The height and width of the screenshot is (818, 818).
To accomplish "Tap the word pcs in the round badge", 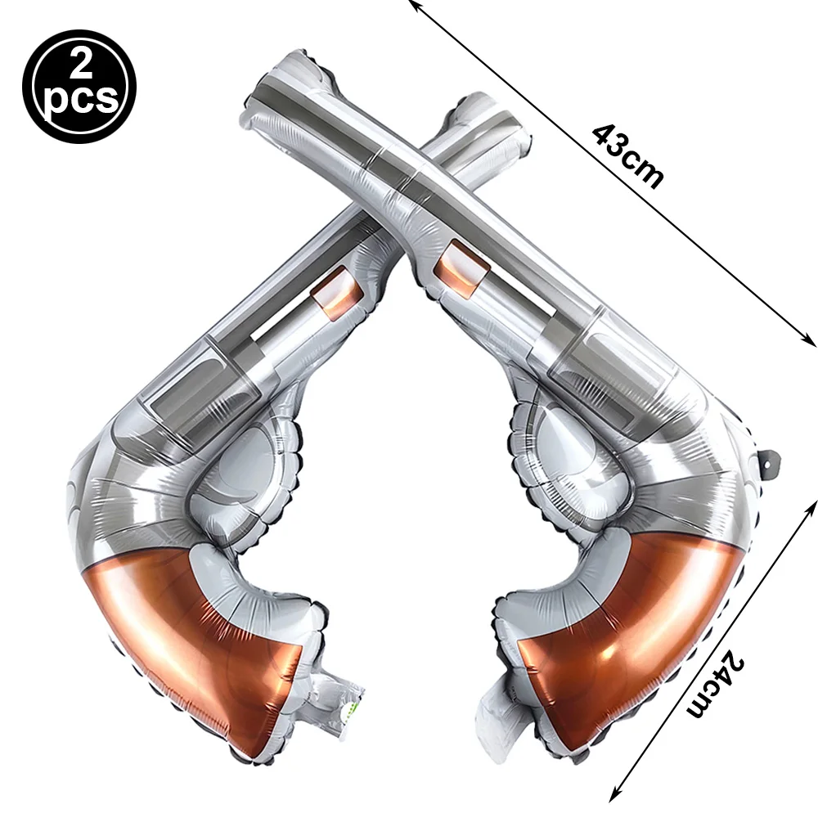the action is pos(81,98).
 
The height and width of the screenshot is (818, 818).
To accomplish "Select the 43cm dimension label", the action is pos(628,156).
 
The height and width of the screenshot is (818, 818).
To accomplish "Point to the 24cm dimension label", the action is pos(715,683).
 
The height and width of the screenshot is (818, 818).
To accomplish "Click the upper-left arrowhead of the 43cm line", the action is pos(413,5).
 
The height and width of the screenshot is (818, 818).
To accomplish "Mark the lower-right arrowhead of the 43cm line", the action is pos(809,340).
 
